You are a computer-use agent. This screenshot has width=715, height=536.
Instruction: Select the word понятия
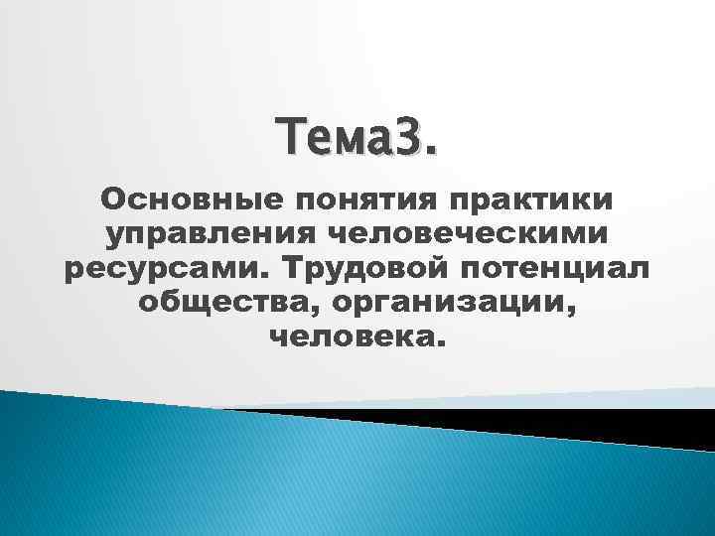[344, 201]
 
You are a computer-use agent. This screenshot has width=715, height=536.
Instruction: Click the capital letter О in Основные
[111, 201]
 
